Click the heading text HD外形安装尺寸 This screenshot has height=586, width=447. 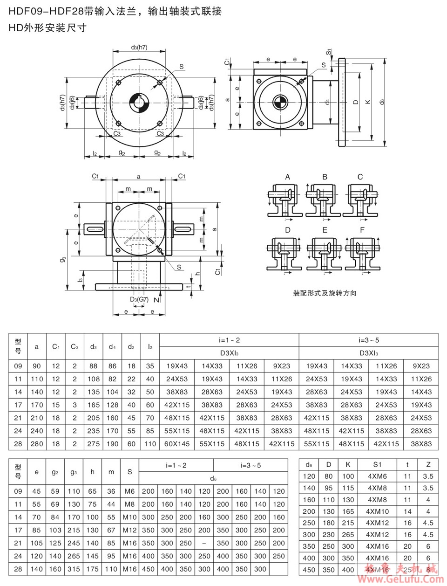pos(48,28)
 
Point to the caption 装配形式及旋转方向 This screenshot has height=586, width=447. pos(325,293)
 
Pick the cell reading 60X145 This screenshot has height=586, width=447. pos(177,444)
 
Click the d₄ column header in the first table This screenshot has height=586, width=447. pos(112,346)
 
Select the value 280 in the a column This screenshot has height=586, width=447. pos(37,444)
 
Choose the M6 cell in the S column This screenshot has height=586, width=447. pos(129,491)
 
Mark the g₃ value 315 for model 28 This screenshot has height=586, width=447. pos(74,569)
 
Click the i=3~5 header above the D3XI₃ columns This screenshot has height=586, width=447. pos(368,340)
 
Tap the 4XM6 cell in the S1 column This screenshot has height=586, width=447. pos(377,476)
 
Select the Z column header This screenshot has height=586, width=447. pos(428,464)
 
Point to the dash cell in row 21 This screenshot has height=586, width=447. pos(204,543)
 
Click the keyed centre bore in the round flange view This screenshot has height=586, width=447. pos(139,103)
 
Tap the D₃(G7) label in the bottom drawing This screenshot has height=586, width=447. pos(139,299)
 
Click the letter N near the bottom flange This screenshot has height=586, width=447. pos(156,300)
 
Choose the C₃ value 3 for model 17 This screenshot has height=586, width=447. pos(74,405)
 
